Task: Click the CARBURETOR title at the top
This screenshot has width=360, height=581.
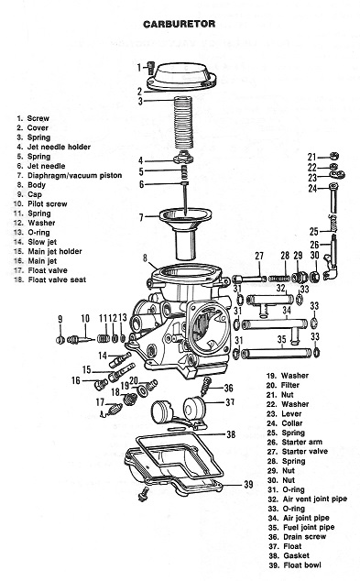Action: tap(179, 24)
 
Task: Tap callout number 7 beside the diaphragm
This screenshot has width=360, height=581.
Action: tap(141, 217)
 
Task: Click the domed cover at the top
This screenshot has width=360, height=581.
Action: tap(181, 77)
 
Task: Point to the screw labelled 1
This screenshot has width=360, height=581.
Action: tap(150, 68)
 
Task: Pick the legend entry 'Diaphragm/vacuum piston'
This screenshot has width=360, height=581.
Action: tap(74, 175)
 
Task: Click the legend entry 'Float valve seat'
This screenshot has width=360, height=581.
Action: tap(57, 280)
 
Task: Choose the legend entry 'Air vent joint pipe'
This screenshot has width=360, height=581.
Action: tap(315, 499)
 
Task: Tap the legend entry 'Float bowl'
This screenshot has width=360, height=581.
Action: tap(302, 565)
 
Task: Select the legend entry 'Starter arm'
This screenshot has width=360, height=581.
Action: tap(302, 442)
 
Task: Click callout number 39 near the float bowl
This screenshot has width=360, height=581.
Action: tap(248, 484)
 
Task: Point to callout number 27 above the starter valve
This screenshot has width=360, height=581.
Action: tap(259, 256)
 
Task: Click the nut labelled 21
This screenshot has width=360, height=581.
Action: tap(333, 156)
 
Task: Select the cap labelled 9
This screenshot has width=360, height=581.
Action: tap(60, 339)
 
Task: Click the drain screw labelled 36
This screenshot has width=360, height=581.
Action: tap(205, 387)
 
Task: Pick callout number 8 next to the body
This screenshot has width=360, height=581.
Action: tap(145, 258)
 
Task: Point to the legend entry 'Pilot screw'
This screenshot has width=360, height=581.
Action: tap(48, 203)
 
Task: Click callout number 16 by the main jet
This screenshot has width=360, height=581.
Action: tap(76, 380)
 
